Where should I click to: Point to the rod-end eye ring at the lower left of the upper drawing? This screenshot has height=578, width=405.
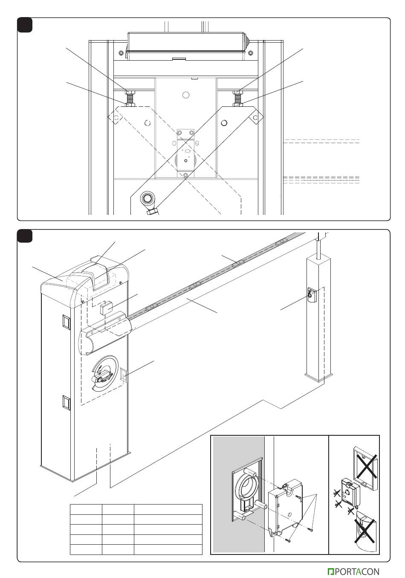point(148,199)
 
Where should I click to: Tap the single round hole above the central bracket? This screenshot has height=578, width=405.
point(185,95)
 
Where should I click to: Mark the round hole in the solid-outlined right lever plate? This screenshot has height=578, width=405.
point(224,123)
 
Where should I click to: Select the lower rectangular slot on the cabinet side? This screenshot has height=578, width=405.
point(66,402)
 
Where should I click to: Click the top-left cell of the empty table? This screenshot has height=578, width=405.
point(86,509)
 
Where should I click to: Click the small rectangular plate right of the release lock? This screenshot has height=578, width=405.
point(124,375)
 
